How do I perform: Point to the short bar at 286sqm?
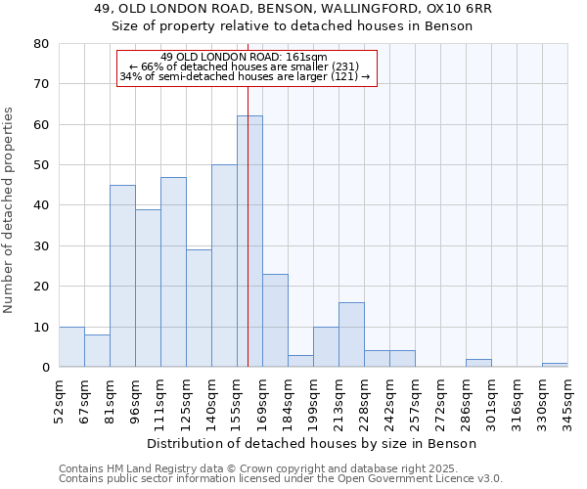[x=478, y=363]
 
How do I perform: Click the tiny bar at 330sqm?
[x=555, y=365]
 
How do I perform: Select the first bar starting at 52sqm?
[x=71, y=347]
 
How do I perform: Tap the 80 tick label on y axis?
[x=40, y=44]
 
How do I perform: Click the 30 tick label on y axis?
[x=40, y=246]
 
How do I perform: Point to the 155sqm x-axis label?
[x=238, y=400]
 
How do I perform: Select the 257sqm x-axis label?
[x=416, y=400]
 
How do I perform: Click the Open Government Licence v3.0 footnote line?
[x=281, y=479]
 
